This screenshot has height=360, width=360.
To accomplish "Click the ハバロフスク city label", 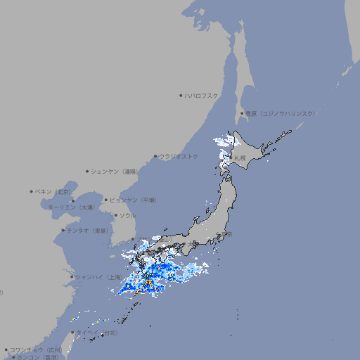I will tap(201, 95).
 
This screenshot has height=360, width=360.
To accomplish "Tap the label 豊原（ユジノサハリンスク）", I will tap(280, 113).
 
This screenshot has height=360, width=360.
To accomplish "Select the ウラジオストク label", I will tap(179, 156).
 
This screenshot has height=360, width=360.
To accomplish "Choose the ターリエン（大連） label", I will tap(71, 207).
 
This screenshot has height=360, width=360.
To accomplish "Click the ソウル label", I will tap(127, 215).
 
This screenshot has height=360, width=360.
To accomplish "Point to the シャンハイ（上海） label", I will tap(98, 277).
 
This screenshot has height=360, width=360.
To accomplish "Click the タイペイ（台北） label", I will tap(98, 333).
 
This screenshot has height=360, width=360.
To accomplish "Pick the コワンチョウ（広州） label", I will tap(35, 349).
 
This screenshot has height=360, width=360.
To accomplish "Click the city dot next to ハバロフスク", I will tap(181, 95).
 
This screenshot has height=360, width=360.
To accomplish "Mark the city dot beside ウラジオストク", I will tap(155, 156).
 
